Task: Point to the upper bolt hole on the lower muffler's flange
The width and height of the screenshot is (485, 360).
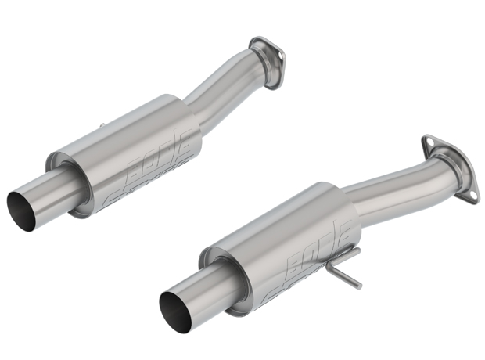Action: click(426, 143)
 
